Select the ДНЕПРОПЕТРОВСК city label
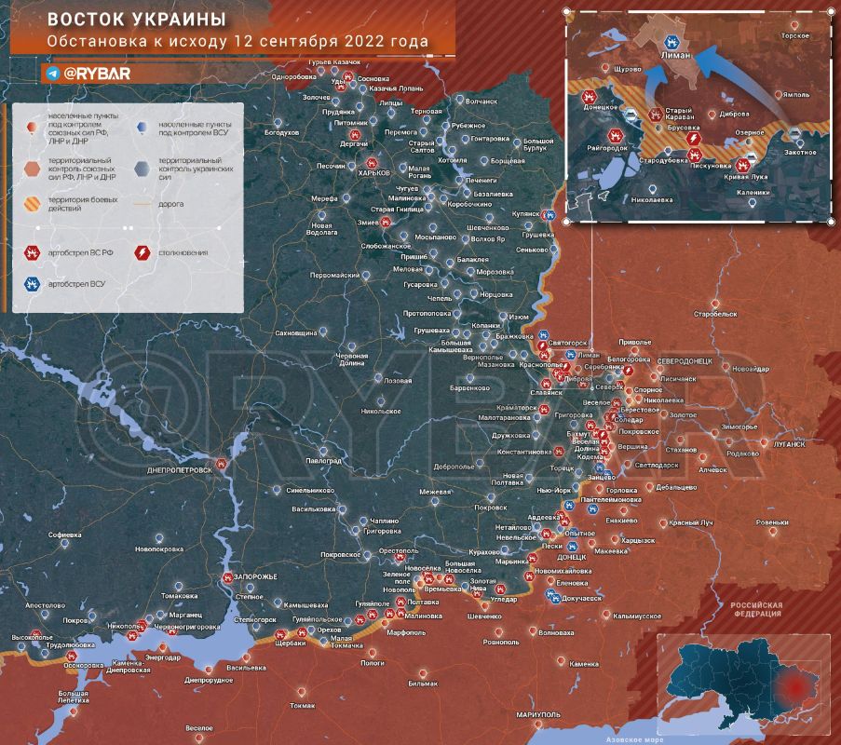pyautogui.click(x=181, y=470)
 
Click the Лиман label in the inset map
pyautogui.click(x=674, y=56)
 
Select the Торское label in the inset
pyautogui.click(x=794, y=34)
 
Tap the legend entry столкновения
pyautogui.click(x=183, y=252)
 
